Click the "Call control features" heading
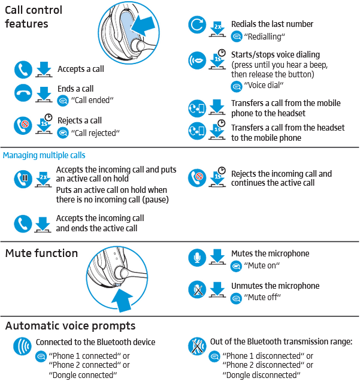click(34, 17)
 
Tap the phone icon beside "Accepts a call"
click(23, 69)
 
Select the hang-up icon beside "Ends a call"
click(23, 93)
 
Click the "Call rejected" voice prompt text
click(95, 132)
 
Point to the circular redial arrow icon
click(197, 25)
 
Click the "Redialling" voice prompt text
click(264, 37)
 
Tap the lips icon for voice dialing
click(197, 60)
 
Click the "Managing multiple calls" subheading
click(44, 155)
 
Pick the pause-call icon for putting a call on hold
click(23, 178)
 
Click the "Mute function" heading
click(41, 253)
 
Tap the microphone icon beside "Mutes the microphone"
click(197, 258)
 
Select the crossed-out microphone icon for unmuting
click(197, 290)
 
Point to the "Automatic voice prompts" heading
click(70, 326)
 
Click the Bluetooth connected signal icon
click(23, 346)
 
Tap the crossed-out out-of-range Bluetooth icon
click(197, 346)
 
